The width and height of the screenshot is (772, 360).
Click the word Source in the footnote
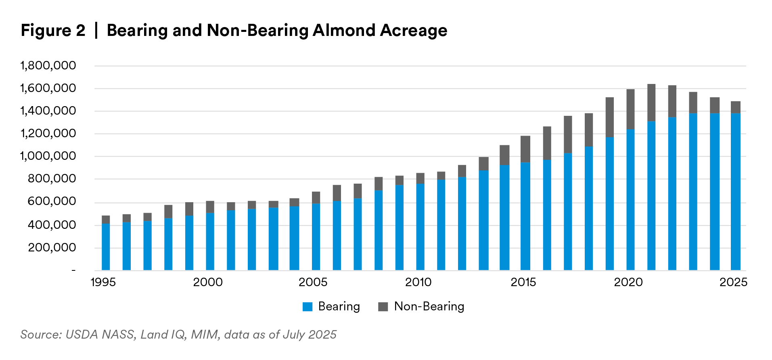pyautogui.click(x=40, y=335)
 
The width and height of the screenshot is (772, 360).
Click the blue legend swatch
pyautogui.click(x=308, y=307)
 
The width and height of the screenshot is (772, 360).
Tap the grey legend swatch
pyautogui.click(x=383, y=307)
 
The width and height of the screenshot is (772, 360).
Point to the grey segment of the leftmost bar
pyautogui.click(x=106, y=219)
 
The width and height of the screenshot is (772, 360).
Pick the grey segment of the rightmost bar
pyautogui.click(x=736, y=107)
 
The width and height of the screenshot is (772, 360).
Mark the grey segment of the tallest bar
pyautogui.click(x=651, y=103)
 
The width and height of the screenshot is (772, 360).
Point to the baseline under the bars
pyautogui.click(x=420, y=270)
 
